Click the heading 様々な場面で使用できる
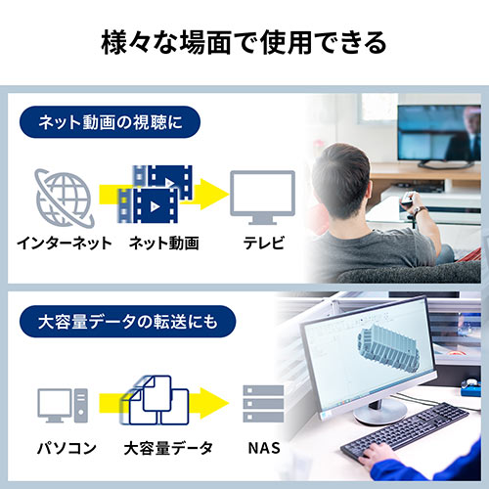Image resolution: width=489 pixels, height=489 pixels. click(244, 42)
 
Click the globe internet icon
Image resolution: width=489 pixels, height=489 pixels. click(65, 196)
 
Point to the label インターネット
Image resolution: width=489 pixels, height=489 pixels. click(65, 242)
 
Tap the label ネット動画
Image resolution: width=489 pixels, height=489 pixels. click(163, 242)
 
